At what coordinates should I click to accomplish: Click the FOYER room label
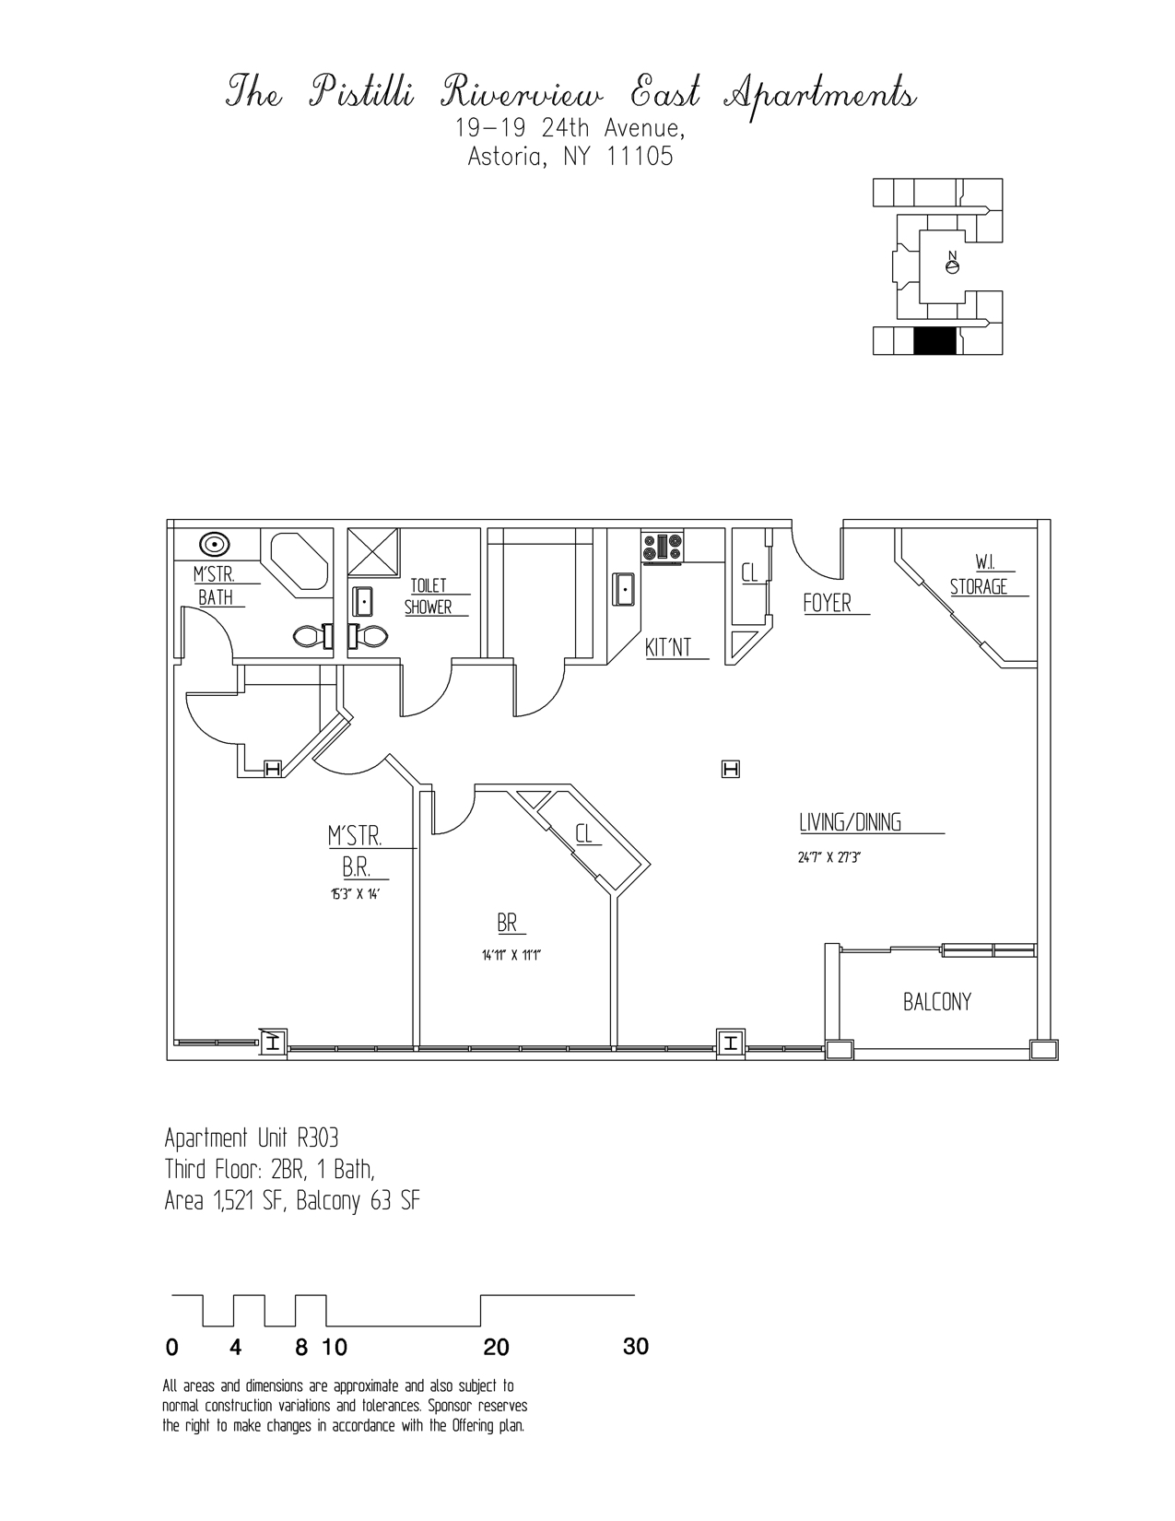point(827,603)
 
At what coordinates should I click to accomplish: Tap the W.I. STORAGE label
point(979,575)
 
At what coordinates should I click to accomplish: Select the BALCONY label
point(936,1002)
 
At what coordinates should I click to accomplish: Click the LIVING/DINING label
point(850,822)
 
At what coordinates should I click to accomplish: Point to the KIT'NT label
point(668,648)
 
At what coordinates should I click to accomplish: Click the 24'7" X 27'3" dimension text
point(828,857)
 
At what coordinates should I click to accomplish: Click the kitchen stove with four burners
point(662,547)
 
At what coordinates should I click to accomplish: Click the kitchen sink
point(625,587)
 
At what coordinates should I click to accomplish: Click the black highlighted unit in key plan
point(935,341)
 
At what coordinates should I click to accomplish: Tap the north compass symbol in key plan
point(953,265)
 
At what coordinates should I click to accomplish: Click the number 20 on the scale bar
point(496,1348)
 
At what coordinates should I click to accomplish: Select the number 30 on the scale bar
point(636,1347)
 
